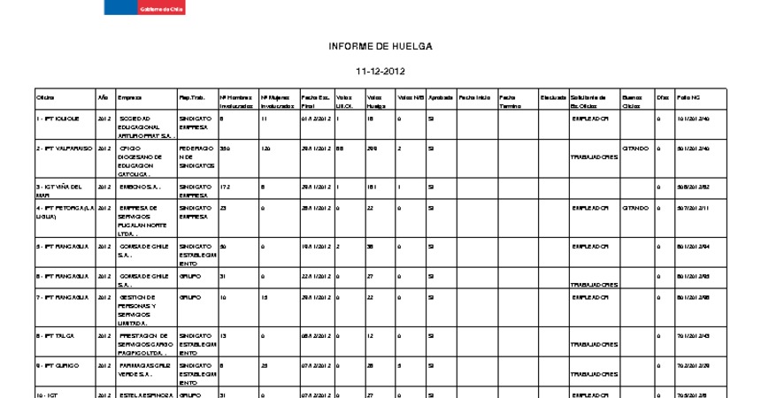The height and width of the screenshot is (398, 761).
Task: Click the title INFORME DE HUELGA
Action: (x=380, y=46)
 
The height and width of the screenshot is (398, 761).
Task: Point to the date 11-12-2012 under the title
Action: (x=380, y=71)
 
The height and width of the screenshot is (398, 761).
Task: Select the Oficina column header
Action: (x=45, y=96)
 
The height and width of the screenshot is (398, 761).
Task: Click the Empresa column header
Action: (x=129, y=96)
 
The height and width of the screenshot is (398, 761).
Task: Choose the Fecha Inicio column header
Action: (x=474, y=96)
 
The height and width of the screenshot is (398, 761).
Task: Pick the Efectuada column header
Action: (x=553, y=96)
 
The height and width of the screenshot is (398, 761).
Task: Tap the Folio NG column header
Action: (x=688, y=96)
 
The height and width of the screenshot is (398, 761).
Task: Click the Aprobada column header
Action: (x=441, y=96)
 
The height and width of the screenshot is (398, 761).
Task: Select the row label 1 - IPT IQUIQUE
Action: (x=58, y=118)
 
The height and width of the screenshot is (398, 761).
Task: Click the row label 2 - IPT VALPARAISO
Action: (x=63, y=149)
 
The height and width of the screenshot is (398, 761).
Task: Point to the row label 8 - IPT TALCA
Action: (x=53, y=336)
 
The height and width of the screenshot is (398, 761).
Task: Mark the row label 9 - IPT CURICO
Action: (x=55, y=365)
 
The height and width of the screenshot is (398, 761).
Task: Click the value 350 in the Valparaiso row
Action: (x=225, y=149)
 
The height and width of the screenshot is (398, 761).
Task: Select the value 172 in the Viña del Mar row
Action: (x=224, y=188)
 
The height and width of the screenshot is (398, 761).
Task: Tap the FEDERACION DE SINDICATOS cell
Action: (x=196, y=157)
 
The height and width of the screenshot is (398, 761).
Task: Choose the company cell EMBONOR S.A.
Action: (x=140, y=188)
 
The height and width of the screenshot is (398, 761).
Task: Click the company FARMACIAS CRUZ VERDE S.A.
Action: (x=144, y=370)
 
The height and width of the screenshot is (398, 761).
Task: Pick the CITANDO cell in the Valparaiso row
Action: (x=635, y=149)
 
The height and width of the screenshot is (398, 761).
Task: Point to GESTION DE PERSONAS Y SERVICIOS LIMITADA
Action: (x=139, y=310)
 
